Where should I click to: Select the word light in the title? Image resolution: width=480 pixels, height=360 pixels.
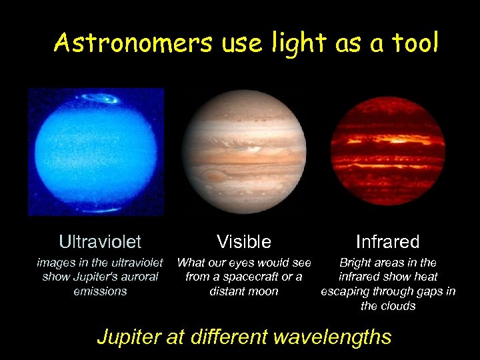point(285,43)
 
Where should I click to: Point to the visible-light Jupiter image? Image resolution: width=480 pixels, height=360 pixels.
point(244,151)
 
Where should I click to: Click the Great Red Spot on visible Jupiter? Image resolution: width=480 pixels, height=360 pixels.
point(214,176)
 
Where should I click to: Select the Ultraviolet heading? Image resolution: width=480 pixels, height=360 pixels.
point(100,241)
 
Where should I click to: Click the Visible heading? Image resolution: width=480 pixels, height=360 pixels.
point(244,241)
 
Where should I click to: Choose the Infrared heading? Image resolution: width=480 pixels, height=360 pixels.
point(387,241)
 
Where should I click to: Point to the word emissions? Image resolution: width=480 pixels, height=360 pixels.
point(100,291)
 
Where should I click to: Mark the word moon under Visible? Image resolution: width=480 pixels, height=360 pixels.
point(263,291)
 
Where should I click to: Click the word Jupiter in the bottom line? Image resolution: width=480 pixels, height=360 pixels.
point(129,337)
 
